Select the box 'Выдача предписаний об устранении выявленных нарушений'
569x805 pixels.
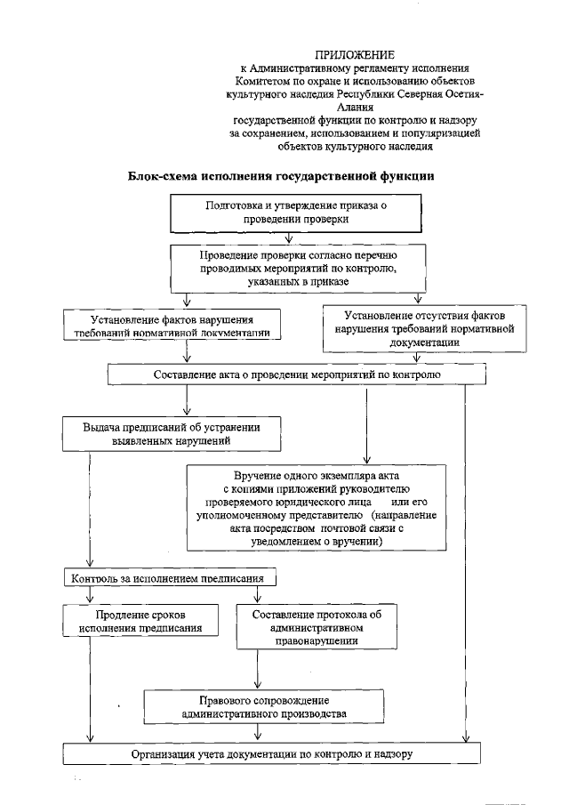(x=172, y=432)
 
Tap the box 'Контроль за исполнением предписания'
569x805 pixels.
(x=169, y=579)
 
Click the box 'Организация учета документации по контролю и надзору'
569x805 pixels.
(x=272, y=753)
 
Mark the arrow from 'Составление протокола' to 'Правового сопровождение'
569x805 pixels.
(x=258, y=672)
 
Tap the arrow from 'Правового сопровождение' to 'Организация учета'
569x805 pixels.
(x=258, y=733)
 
